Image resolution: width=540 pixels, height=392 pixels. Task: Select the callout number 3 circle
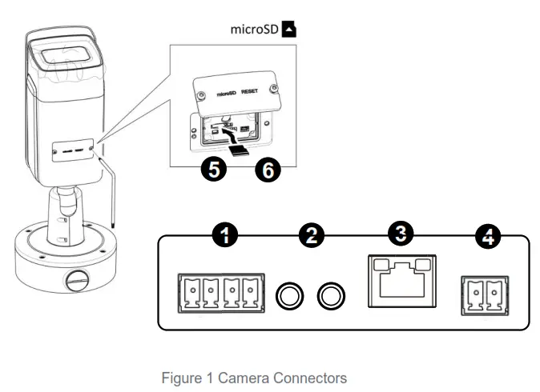401,234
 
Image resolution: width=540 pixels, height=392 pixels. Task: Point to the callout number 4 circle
486,236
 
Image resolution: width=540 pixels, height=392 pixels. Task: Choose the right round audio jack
330,297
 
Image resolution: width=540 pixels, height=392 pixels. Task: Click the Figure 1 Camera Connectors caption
254,378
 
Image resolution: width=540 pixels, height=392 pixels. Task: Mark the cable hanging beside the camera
111,192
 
